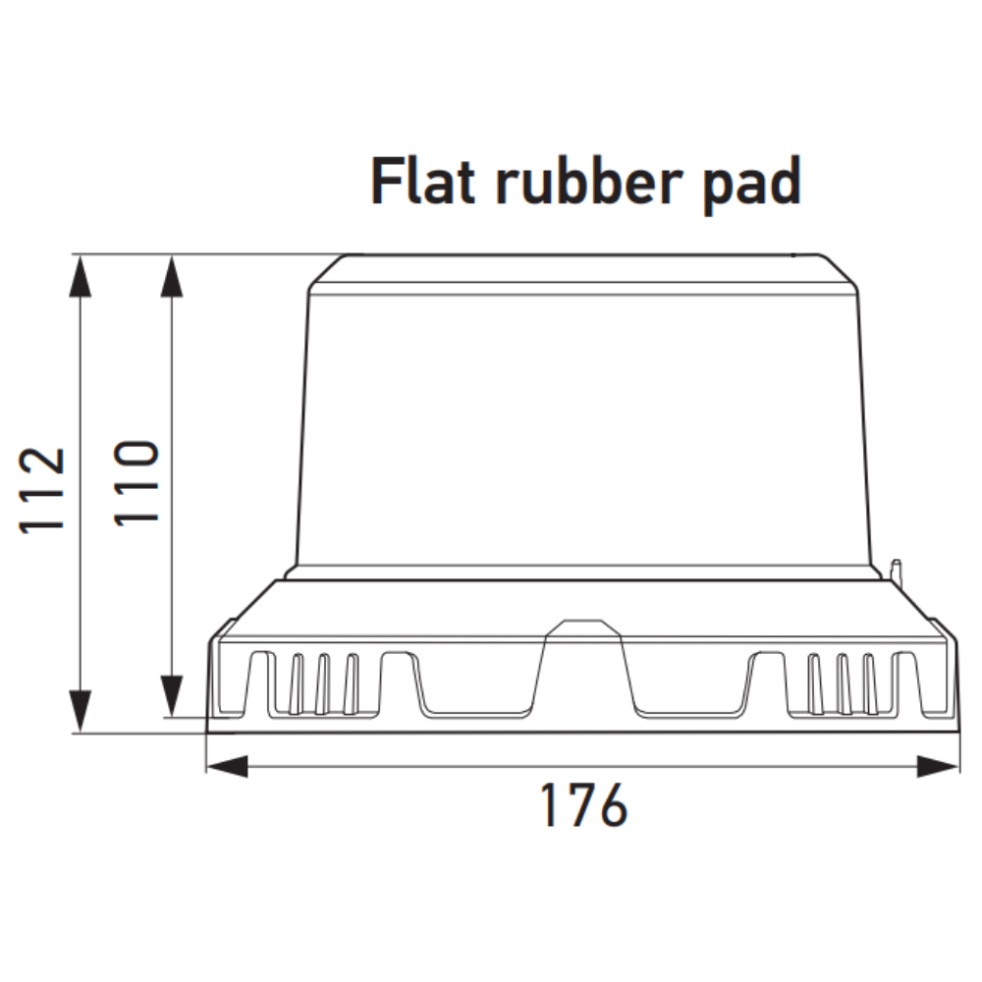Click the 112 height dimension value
tap(42, 490)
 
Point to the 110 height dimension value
tap(136, 483)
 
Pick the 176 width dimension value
tap(583, 805)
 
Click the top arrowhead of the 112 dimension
tap(81, 276)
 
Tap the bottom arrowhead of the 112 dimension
tap(81, 711)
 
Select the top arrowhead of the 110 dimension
tap(172, 276)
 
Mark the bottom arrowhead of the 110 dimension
tap(172, 696)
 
